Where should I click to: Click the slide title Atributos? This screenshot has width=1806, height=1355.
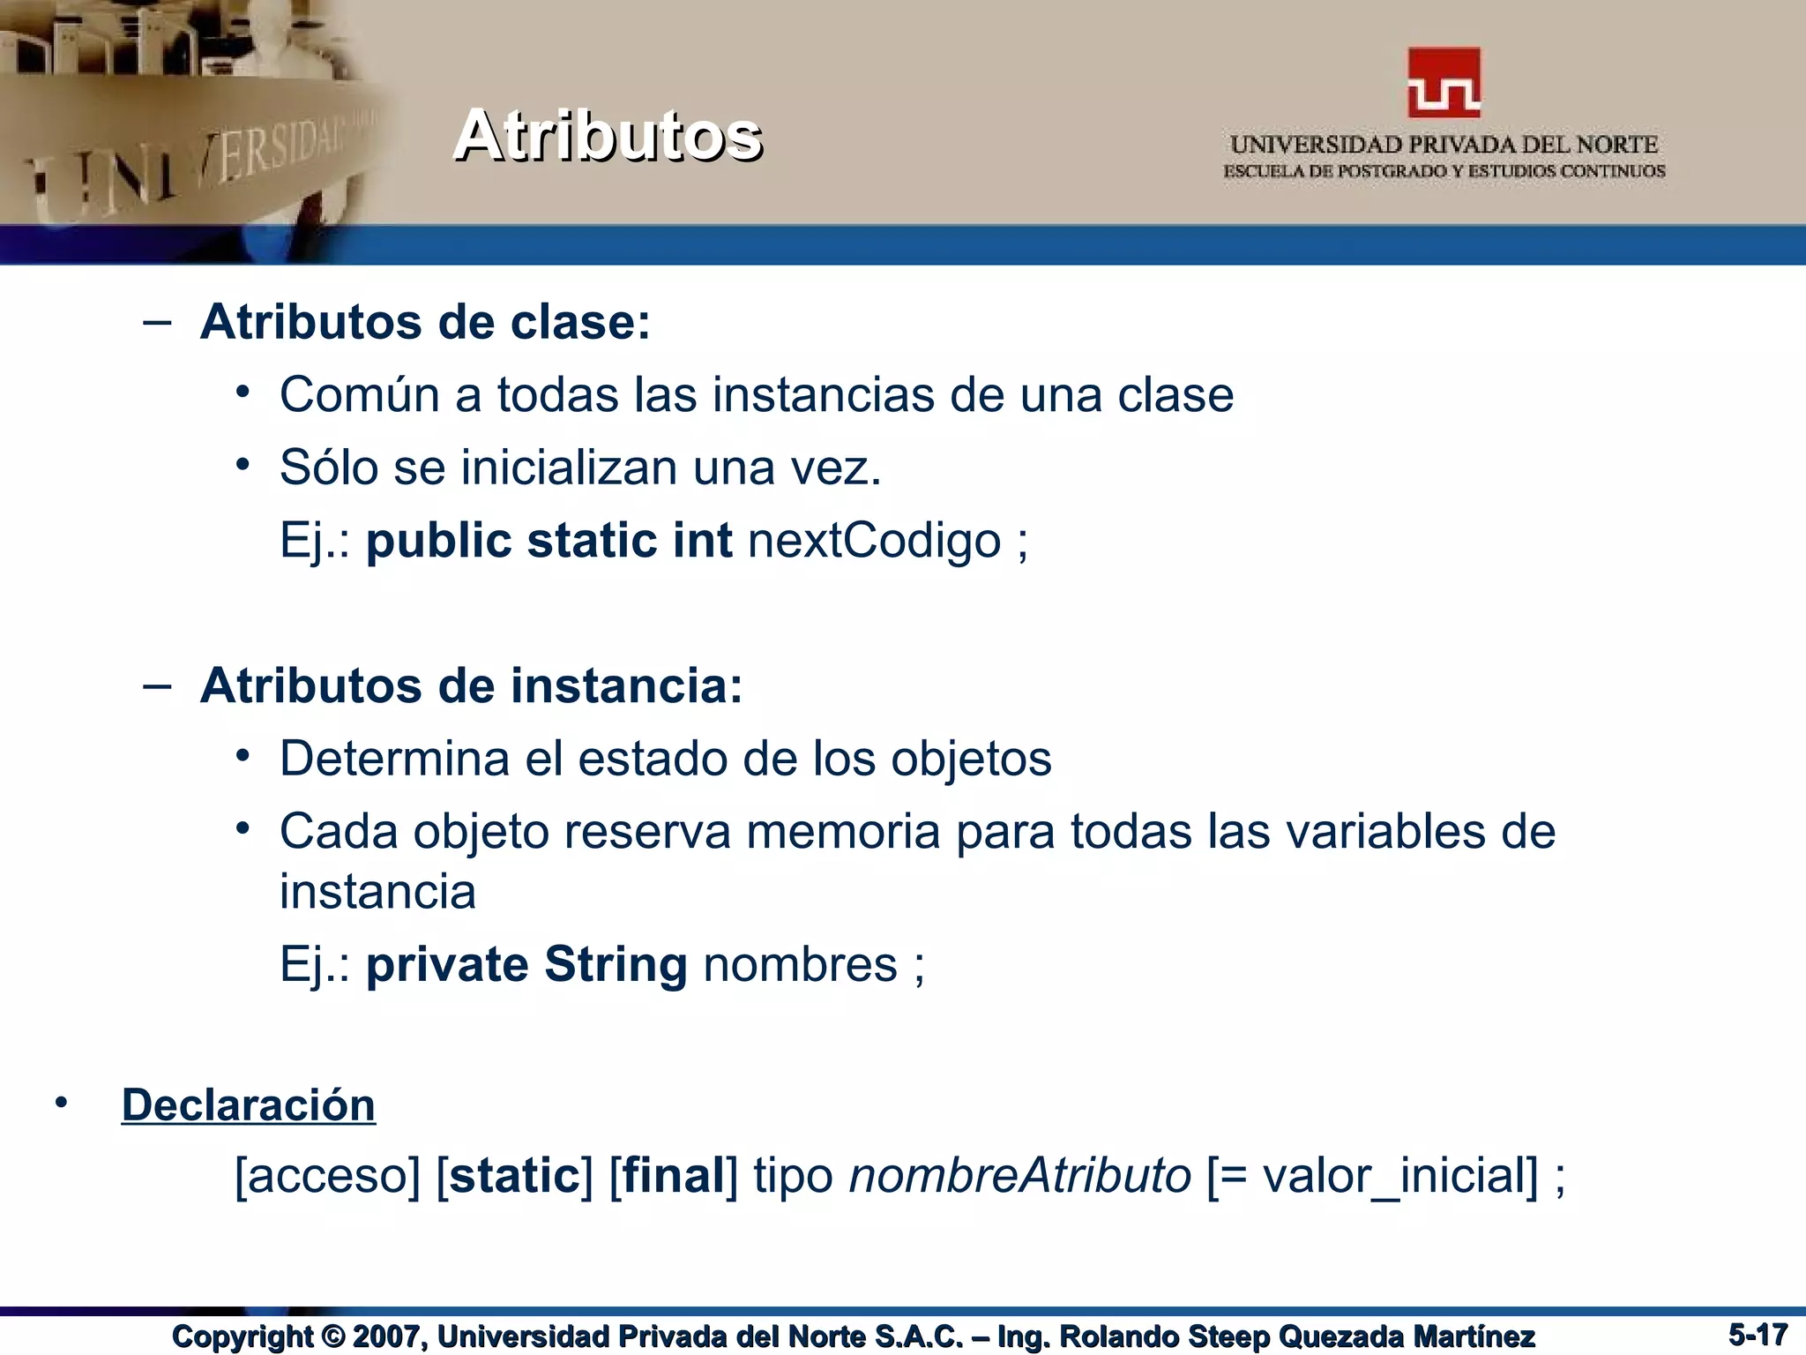(x=608, y=136)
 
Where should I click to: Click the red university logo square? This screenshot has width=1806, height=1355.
(x=1444, y=82)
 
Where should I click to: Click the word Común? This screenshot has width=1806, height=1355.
(x=360, y=394)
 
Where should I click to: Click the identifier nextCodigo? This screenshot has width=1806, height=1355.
(x=874, y=540)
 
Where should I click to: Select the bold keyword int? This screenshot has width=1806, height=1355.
(x=702, y=540)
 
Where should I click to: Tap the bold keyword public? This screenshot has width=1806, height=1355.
(x=438, y=540)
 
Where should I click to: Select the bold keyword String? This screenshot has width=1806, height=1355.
(x=616, y=963)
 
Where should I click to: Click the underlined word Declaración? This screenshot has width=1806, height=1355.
(x=249, y=1105)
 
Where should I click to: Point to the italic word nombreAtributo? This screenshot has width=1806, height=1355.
(x=1019, y=1176)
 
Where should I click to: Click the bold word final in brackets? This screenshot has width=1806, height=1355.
(x=674, y=1176)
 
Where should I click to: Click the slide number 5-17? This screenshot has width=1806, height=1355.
(x=1757, y=1335)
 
